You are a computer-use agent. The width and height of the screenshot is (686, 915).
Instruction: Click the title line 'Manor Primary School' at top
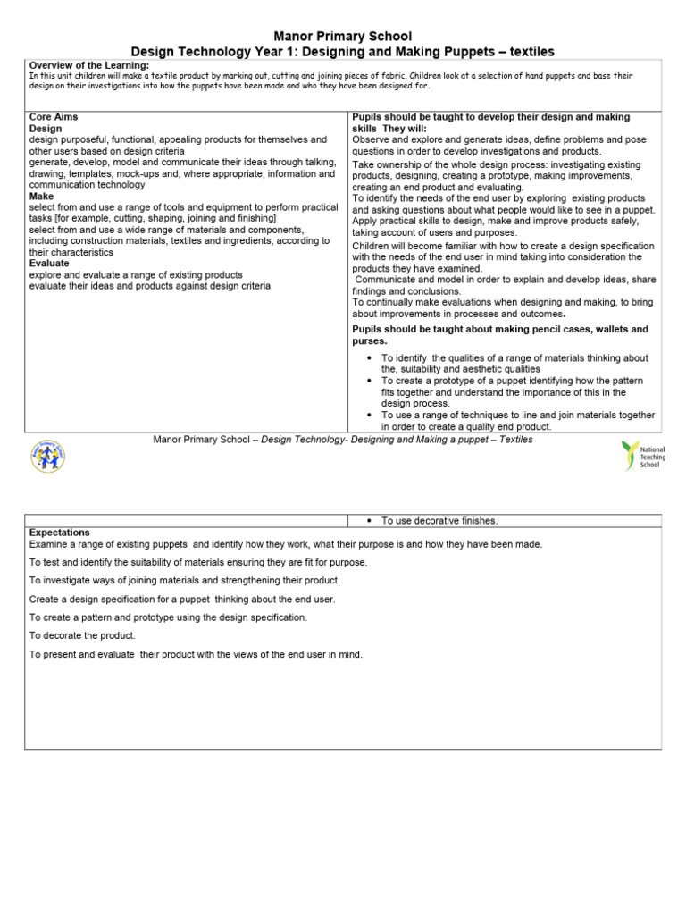coord(343,37)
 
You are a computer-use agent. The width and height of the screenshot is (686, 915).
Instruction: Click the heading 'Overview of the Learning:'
coord(89,65)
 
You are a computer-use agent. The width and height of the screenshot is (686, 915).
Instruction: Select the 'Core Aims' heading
coord(54,117)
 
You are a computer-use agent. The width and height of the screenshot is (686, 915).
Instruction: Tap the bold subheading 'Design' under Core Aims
coord(46,129)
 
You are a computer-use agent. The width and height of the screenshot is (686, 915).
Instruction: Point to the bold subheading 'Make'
coord(41,196)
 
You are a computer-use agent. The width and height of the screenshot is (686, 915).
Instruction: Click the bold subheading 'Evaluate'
coord(50,264)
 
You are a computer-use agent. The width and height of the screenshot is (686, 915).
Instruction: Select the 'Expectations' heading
coord(60,532)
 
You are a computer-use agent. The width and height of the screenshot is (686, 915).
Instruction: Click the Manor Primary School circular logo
coord(47,456)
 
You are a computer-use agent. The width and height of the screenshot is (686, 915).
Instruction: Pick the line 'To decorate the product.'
coord(82,635)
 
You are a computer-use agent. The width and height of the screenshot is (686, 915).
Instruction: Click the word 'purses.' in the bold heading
coord(371,340)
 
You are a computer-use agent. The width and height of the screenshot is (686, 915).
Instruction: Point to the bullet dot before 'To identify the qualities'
coord(370,358)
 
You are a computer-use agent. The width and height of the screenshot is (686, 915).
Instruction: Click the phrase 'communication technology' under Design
coord(87,185)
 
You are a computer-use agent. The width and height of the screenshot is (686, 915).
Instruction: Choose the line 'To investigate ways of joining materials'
coord(184,580)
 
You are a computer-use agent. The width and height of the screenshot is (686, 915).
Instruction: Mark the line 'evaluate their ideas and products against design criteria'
coord(150,286)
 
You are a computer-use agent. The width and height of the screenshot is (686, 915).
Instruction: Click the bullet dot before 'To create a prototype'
coord(370,381)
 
